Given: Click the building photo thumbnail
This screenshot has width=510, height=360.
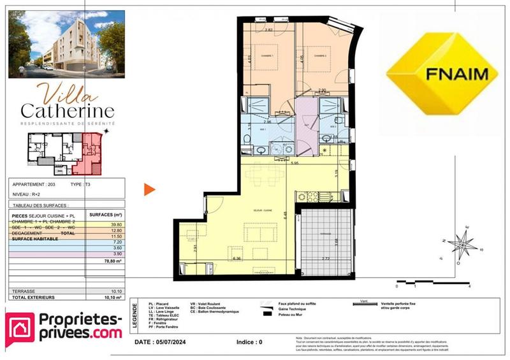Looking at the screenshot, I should (66, 41).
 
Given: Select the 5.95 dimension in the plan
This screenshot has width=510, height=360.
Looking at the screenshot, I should (294, 164).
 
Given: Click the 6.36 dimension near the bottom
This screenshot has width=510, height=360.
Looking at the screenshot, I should (237, 258).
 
